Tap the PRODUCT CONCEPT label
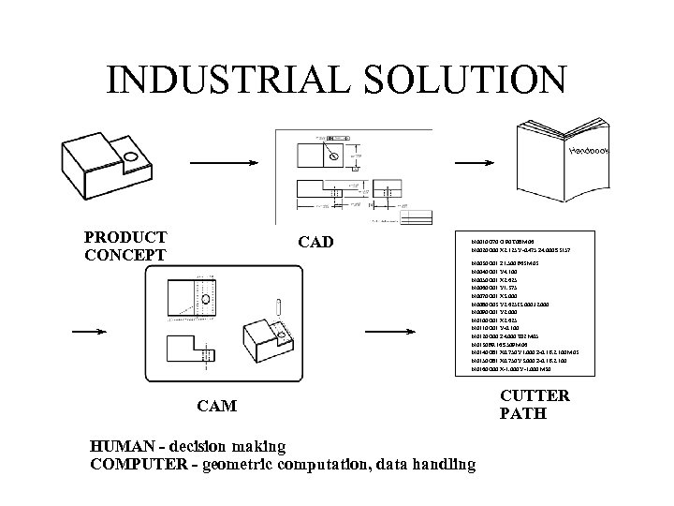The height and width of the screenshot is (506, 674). coord(125,246)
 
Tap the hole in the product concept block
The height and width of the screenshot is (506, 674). coord(131,156)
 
